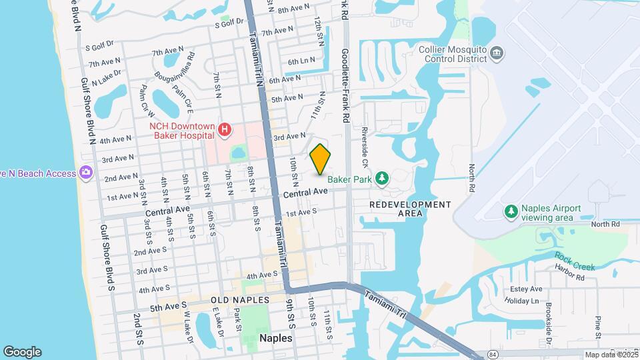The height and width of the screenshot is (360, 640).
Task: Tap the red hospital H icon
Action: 225,129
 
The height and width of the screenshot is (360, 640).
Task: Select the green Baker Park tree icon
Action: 381,178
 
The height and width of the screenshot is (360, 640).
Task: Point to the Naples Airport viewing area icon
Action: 511,212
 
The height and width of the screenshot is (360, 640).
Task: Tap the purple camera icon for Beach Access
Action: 85,173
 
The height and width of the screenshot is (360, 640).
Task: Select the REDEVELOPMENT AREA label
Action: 409,209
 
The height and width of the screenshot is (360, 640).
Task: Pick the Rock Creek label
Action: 575,261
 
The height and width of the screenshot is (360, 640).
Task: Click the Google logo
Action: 22,352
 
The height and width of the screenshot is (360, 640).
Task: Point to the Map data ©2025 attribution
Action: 611,355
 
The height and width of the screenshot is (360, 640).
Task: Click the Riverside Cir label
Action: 365,148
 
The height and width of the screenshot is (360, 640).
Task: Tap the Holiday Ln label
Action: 522,301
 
